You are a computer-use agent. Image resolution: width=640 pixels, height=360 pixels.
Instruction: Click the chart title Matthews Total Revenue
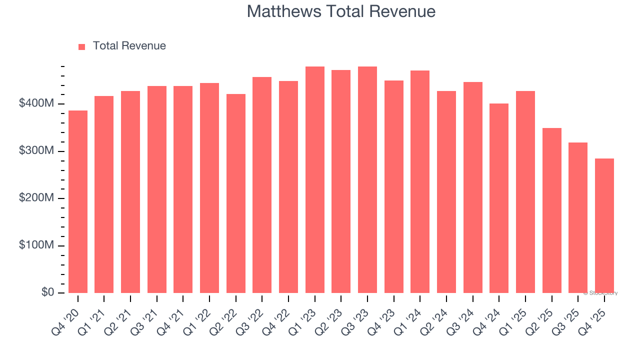[341, 11]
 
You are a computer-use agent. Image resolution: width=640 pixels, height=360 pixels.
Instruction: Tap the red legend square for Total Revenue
[82, 46]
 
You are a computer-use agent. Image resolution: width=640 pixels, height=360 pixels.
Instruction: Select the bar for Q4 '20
[78, 201]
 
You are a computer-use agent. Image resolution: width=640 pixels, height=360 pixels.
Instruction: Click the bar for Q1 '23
[315, 179]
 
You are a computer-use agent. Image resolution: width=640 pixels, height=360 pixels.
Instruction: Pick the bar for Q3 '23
[367, 179]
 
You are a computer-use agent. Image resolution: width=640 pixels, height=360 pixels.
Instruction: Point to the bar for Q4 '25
[604, 225]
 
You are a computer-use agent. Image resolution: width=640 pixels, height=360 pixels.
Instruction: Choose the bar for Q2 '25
[551, 210]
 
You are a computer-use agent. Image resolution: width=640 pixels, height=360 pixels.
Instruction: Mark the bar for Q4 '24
[499, 198]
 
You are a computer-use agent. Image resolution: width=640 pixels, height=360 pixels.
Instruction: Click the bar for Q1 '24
[420, 181]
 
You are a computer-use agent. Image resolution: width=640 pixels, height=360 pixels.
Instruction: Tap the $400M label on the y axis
[36, 103]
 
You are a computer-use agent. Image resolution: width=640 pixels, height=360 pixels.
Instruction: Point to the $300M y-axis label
[36, 151]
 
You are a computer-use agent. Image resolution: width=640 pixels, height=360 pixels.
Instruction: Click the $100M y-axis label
[36, 245]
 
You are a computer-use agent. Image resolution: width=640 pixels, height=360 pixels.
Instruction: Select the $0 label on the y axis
[47, 292]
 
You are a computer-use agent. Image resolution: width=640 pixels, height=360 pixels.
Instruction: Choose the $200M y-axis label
[36, 198]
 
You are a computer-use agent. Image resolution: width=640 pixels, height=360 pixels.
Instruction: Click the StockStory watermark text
[600, 293]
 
